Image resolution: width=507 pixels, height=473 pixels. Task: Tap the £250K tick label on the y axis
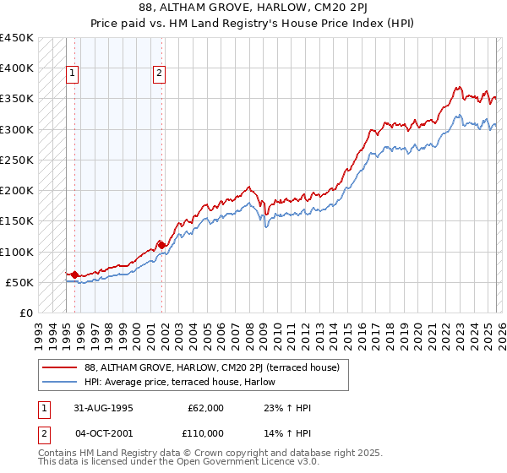point(17,160)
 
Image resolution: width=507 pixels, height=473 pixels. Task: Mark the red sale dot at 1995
point(75,275)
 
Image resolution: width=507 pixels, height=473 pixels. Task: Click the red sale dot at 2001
point(161,245)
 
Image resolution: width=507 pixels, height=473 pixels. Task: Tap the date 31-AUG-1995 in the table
point(103,408)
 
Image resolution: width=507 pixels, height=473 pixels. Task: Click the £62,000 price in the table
point(205,408)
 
